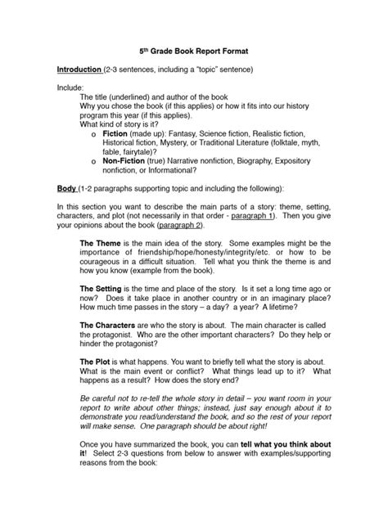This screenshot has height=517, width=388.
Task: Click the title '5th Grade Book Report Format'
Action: [x=193, y=51]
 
